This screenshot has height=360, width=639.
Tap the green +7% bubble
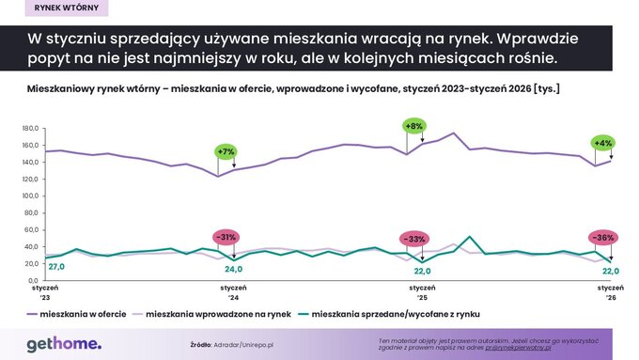pos(226,150)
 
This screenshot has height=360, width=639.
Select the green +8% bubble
pos(413,126)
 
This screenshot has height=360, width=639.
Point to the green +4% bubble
pos(602,143)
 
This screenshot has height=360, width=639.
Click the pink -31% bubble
pos(226,236)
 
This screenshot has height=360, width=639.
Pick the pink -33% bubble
pos(413,239)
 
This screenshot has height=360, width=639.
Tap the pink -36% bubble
pos(602,237)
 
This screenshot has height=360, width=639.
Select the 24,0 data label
pos(234,267)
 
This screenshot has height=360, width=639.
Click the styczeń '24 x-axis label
pos(233,291)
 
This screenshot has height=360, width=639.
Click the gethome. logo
pos(64,344)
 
